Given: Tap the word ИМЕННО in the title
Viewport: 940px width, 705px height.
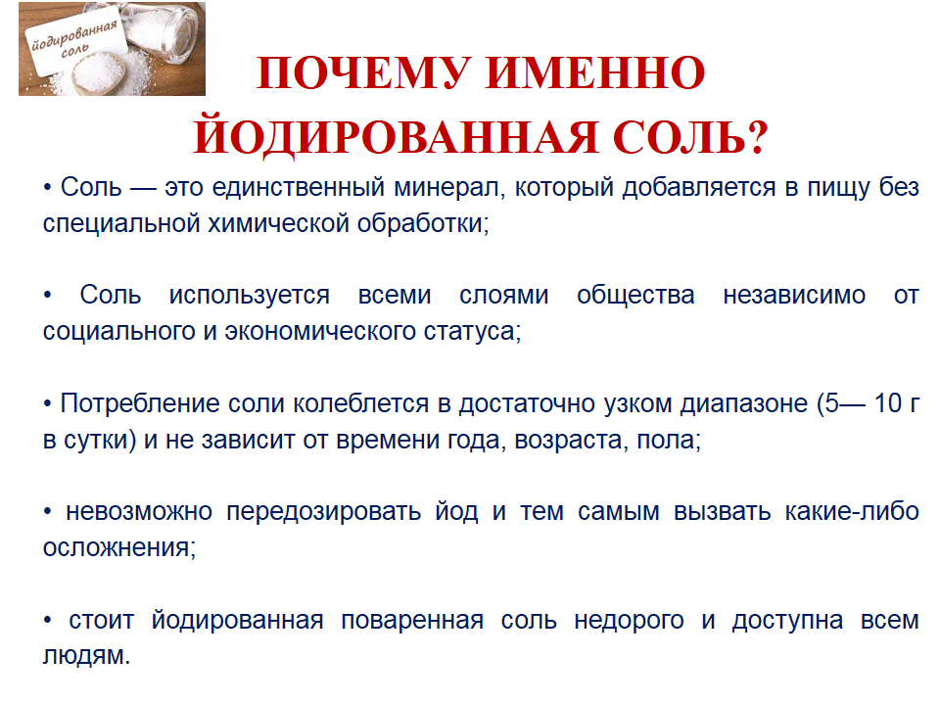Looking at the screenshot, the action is (595, 73).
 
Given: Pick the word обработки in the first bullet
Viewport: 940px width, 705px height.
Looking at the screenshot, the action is (423, 223).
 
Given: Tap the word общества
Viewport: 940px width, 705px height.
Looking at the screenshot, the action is (635, 295).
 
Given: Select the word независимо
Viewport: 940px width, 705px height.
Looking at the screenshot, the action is (794, 295).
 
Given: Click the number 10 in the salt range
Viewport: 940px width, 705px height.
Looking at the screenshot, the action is (888, 402).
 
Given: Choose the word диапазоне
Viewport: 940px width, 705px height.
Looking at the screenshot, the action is (744, 404).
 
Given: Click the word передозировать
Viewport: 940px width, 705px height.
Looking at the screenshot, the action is (324, 512).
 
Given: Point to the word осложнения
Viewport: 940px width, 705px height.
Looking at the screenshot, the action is (118, 548).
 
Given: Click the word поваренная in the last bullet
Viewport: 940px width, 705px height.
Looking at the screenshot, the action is (412, 620).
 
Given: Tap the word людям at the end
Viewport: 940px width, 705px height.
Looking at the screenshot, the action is (86, 656).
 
